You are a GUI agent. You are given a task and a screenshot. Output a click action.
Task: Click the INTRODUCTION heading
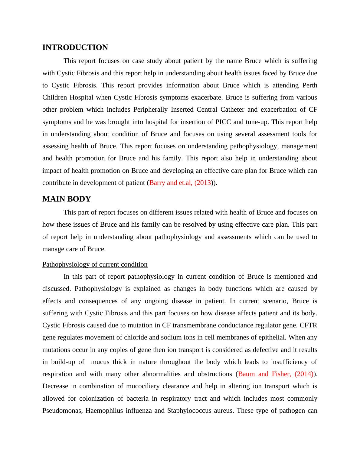coord(75,48)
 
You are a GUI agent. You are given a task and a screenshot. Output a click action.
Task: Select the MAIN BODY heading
coord(67,199)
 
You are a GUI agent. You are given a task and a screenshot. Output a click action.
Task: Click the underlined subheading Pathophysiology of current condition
coord(95,264)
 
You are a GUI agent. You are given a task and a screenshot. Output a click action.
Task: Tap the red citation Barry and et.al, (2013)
coord(180,183)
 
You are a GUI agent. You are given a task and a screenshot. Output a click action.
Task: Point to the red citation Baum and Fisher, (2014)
coord(276,374)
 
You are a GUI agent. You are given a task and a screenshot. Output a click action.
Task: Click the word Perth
coord(310,85)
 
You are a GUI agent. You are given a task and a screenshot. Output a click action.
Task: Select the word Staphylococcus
coord(189,411)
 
